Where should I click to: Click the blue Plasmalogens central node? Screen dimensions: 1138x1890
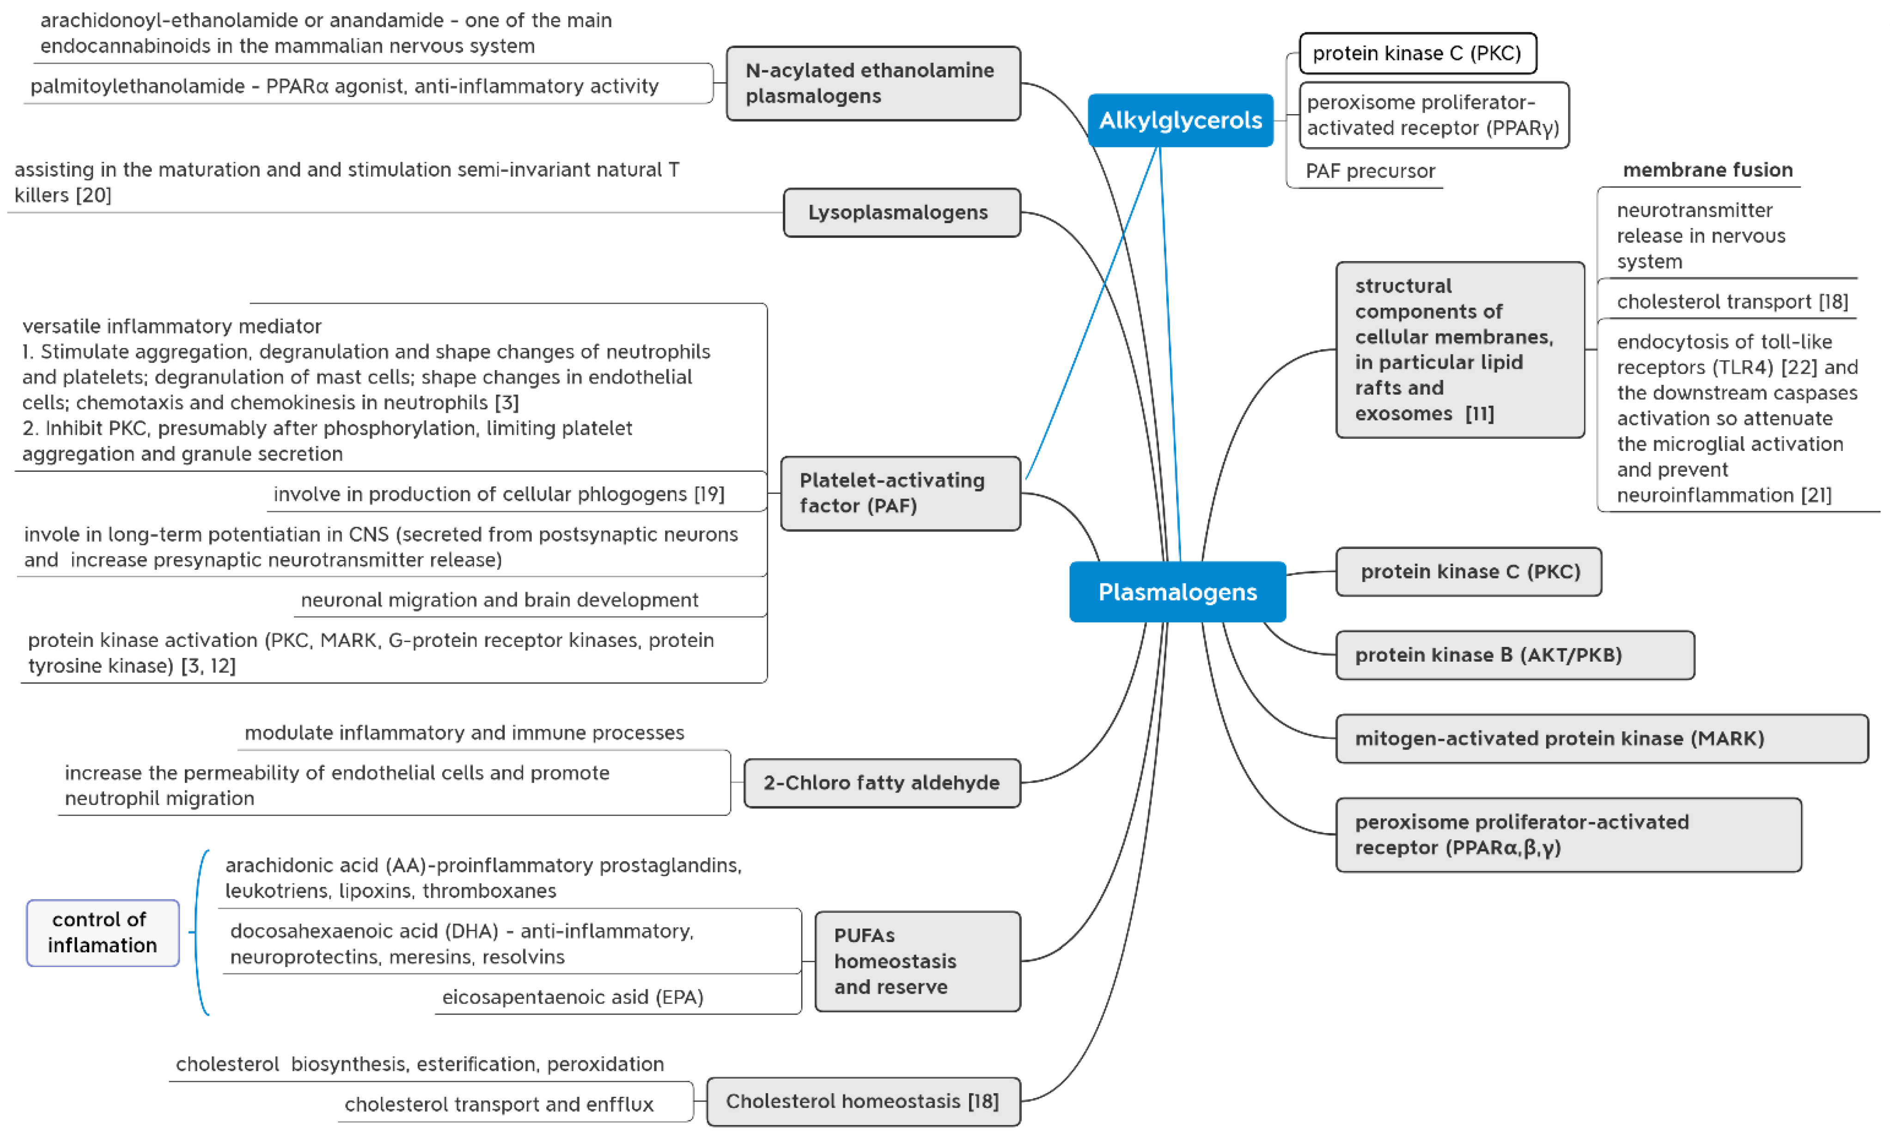1177,591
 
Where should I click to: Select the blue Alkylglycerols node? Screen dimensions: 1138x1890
1180,121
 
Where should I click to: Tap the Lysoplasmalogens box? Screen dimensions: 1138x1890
901,213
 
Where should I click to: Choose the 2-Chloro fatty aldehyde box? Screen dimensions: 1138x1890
882,782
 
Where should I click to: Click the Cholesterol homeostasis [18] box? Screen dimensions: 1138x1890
863,1101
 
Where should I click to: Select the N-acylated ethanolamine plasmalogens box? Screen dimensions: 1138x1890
872,83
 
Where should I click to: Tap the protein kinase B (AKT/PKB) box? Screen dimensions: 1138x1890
1514,655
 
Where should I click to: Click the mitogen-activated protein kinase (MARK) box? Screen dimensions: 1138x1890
1601,738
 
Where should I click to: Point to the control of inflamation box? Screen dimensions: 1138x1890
103,932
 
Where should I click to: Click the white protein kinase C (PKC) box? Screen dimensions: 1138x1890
1417,53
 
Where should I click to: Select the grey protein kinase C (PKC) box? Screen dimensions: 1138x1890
1468,571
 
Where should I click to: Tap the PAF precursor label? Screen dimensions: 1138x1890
1370,171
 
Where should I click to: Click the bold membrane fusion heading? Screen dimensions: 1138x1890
1707,170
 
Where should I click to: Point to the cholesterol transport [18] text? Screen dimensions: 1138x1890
1732,301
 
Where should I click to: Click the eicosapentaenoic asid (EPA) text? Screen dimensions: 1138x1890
573,997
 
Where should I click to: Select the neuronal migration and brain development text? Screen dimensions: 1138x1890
499,600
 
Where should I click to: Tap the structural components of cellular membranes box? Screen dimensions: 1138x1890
1459,350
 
